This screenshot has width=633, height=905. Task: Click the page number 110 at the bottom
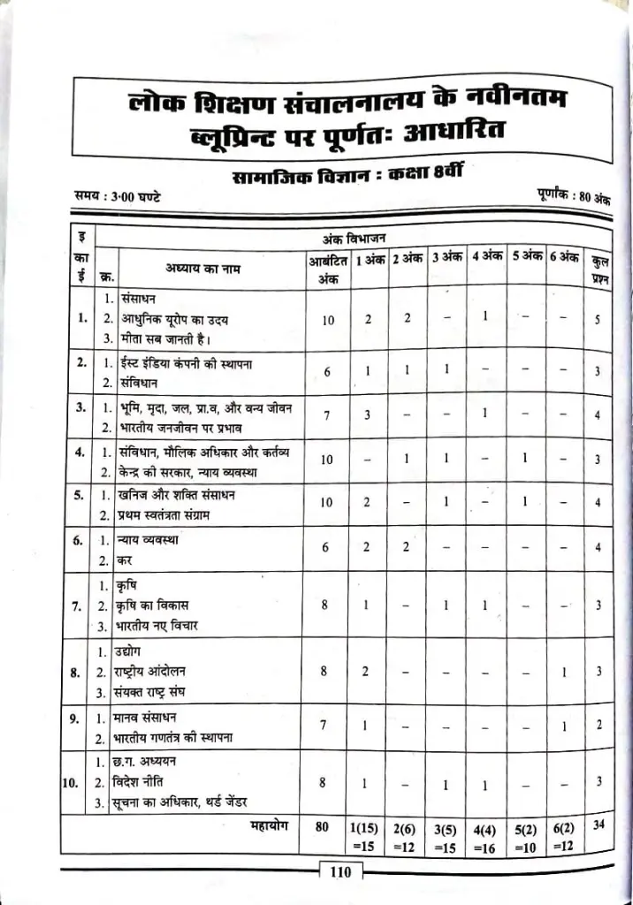tap(340, 872)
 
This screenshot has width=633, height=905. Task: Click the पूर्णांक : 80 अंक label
tap(573, 195)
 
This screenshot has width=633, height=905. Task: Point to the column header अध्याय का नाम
tap(202, 267)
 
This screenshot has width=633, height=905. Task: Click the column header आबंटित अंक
tap(327, 268)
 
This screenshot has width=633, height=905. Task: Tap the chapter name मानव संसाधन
tap(154, 716)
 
